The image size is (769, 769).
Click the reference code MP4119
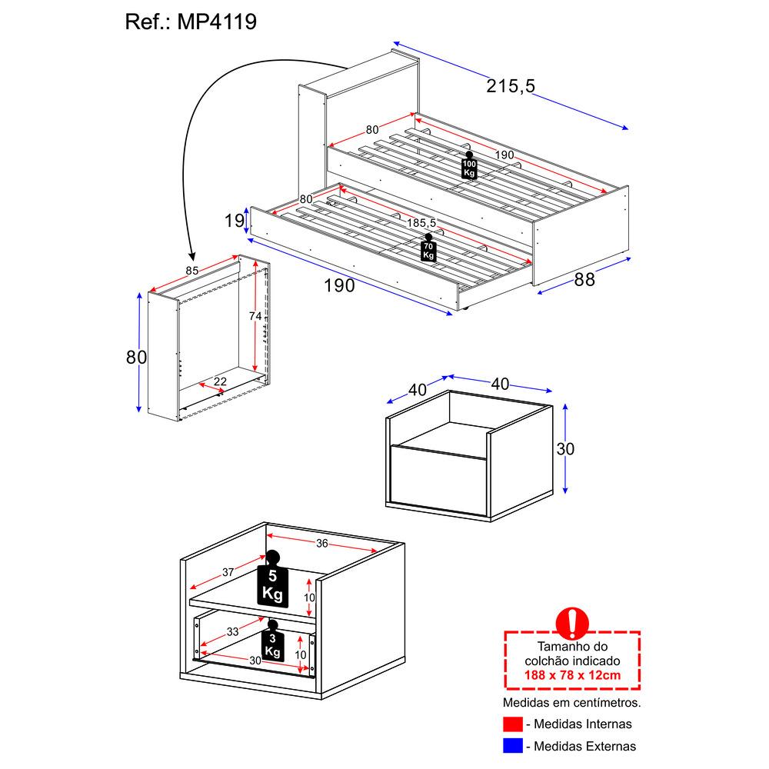pos(218,22)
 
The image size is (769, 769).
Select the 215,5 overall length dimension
pos(510,86)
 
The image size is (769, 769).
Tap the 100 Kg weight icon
pos(469,166)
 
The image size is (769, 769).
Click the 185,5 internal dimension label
pos(422,223)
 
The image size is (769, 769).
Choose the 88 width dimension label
pos(584,280)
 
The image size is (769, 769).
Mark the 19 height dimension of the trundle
pos(234,222)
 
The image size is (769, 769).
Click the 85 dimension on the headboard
pos(192,270)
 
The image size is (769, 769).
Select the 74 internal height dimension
pos(255,317)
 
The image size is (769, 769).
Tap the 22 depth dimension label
pos(220,381)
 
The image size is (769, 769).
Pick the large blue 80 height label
pos(136,357)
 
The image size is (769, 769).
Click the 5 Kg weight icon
pos(272,582)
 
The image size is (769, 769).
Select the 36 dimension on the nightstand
pos(321,544)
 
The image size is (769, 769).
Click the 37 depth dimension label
pos(228,572)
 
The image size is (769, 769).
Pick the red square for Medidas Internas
pos(512,724)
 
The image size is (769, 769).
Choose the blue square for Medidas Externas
pos(512,745)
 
